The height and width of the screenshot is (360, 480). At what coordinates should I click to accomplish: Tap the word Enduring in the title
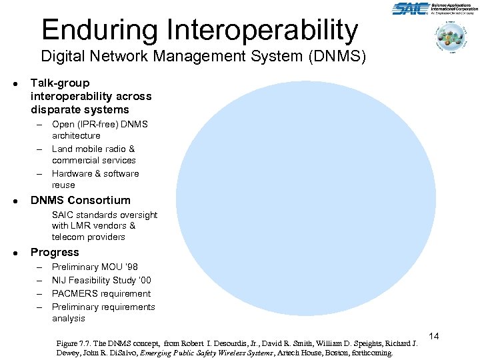(99, 30)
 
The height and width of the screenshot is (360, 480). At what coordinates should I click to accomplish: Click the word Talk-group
(60, 83)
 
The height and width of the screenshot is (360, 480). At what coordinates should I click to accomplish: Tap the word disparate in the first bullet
(56, 109)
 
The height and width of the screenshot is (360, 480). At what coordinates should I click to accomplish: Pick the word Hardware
(74, 173)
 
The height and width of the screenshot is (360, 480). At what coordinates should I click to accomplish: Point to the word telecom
(67, 237)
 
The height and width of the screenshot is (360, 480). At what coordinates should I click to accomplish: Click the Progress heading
(55, 253)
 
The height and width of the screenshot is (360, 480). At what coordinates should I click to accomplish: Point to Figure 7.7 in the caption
(76, 344)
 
